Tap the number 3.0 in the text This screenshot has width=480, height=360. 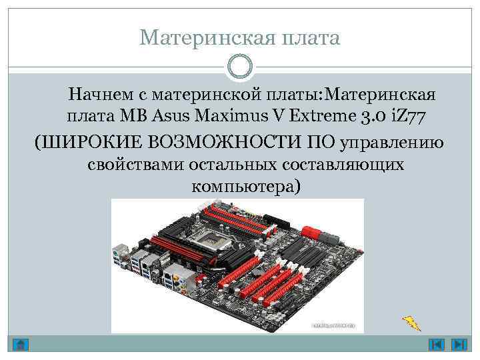[373, 117]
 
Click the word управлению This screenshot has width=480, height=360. [393, 141]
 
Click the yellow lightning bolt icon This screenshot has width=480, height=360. [411, 323]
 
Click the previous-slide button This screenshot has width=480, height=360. [437, 345]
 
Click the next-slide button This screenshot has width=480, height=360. [459, 345]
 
